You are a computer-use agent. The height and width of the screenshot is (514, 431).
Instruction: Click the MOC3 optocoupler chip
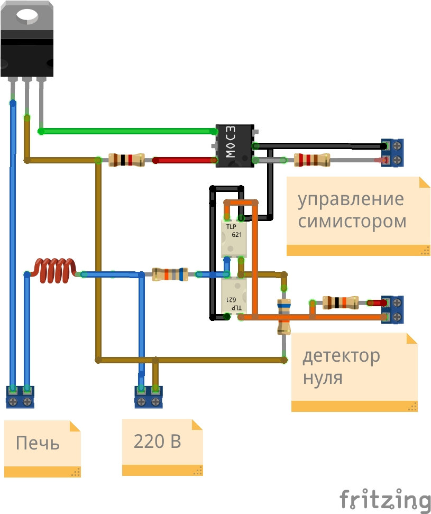pos(235,146)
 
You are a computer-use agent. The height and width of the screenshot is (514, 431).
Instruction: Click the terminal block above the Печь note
pos(20,397)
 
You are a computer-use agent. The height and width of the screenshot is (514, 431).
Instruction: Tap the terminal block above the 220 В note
pos(149,397)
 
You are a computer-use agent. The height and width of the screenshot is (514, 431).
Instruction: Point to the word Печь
pos(38,443)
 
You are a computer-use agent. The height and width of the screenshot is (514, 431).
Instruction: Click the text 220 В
pos(157,441)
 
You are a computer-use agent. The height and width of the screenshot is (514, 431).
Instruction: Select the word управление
pos(350,200)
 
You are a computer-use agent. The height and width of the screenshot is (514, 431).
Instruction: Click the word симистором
pos(352,221)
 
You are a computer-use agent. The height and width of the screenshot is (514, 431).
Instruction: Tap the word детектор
pos(341,356)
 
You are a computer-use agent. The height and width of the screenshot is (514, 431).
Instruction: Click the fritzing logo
pos(384,500)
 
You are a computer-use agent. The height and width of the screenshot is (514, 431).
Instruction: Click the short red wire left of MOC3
pos(185,160)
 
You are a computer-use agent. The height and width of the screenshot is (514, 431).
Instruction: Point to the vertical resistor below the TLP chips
pos(284,316)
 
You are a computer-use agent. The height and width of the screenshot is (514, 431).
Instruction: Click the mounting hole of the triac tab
pos(26,15)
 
